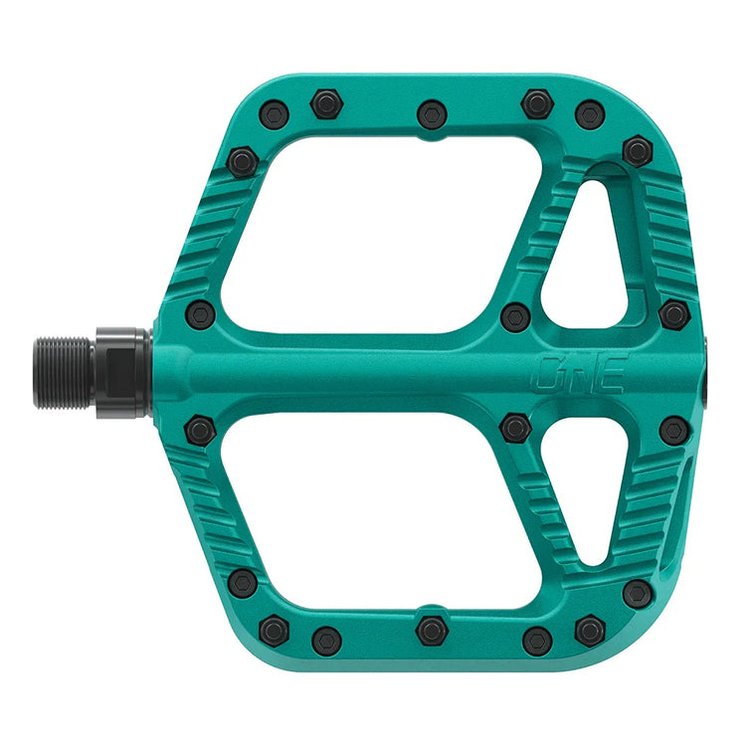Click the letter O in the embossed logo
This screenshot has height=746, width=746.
click(x=549, y=372)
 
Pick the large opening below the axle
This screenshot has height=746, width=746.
click(x=368, y=507)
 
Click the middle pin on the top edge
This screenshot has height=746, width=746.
click(x=431, y=113)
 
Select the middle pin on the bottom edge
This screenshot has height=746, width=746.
click(x=431, y=630)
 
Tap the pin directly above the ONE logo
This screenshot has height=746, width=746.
click(x=514, y=317)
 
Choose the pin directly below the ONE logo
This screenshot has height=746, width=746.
click(x=514, y=428)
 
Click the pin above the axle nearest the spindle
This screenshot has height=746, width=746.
click(x=201, y=313)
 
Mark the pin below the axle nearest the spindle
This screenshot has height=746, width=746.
click(x=201, y=430)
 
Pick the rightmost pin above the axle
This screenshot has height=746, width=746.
click(x=673, y=313)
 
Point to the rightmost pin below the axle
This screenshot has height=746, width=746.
click(x=673, y=430)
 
